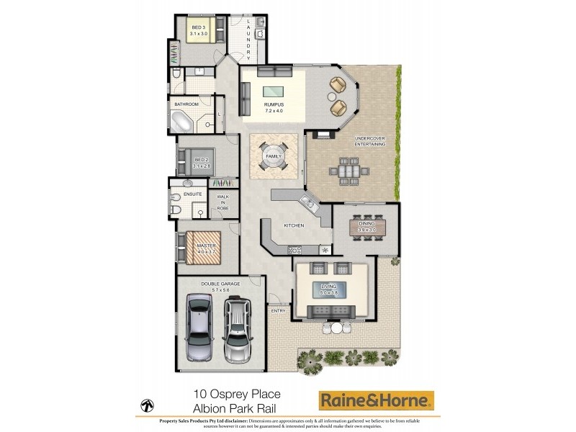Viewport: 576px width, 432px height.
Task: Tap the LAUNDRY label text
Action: pyautogui.click(x=248, y=39)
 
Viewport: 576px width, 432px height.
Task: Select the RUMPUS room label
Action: pyautogui.click(x=273, y=109)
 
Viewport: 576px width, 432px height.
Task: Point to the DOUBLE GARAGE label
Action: pyautogui.click(x=220, y=286)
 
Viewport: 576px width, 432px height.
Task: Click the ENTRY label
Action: pyautogui.click(x=278, y=310)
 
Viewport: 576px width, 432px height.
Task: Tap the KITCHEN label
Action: pyautogui.click(x=293, y=225)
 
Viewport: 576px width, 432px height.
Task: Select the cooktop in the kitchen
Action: pyautogui.click(x=294, y=250)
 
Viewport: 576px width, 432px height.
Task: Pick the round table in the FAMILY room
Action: pyautogui.click(x=274, y=157)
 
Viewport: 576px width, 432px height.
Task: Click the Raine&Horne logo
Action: pyautogui.click(x=377, y=400)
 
